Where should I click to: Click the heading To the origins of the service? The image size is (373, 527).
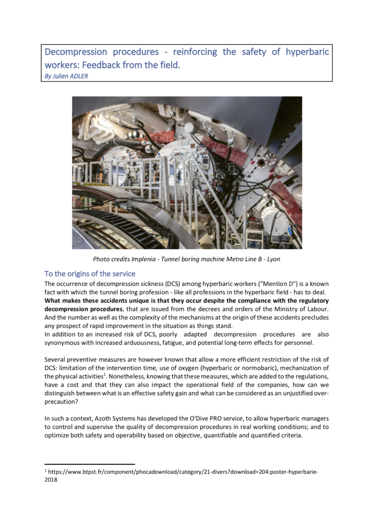[90, 273]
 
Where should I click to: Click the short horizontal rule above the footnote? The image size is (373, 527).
[90, 464]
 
